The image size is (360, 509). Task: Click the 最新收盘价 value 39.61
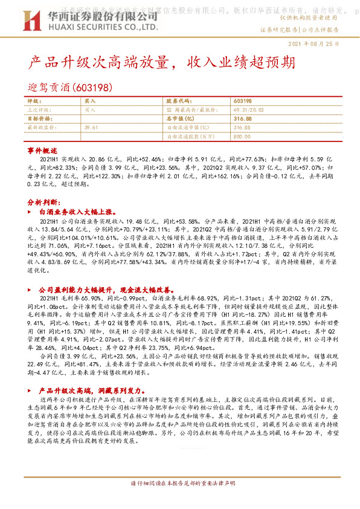91,128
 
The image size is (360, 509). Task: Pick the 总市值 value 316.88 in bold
242,119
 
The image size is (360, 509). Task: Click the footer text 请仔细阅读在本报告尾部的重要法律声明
180,501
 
